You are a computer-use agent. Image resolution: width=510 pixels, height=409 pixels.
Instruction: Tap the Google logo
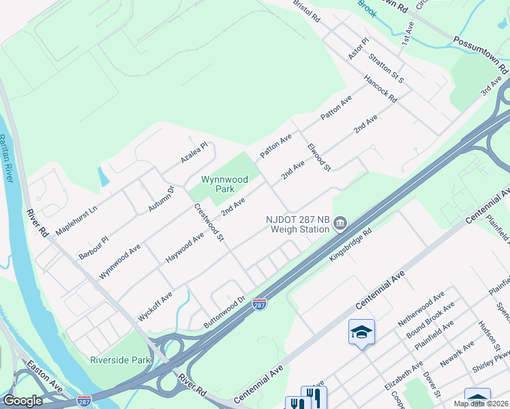pos(22,401)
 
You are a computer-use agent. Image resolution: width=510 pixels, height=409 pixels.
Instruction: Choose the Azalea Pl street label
pos(194,152)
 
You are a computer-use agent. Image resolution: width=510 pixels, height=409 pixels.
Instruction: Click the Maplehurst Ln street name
pos(76,217)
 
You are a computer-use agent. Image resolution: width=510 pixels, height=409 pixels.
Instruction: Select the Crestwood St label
pos(209,222)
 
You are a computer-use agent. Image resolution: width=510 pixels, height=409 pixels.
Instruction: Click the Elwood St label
pos(318,157)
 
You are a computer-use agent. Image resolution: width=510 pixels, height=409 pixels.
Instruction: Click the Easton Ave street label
pos(44,380)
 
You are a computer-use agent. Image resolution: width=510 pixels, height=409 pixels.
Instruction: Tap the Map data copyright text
pos(480,404)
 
